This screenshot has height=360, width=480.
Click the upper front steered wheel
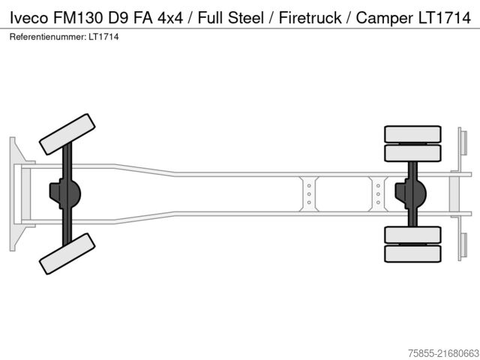[x=67, y=133]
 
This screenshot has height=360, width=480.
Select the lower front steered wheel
[x=67, y=253]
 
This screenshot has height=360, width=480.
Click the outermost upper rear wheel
[x=412, y=134]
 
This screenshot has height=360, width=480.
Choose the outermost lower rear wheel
[x=412, y=253]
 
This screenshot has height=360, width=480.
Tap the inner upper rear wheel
[x=412, y=153]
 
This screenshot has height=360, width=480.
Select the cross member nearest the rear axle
[x=378, y=193]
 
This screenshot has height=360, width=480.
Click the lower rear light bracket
[x=463, y=245]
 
